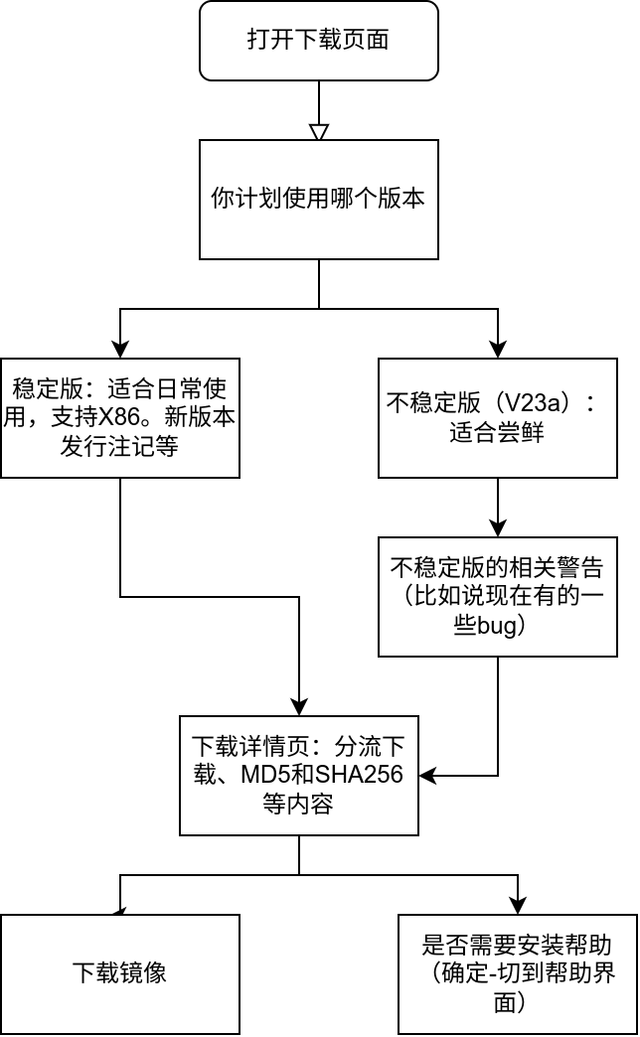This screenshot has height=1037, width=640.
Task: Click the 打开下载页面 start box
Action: click(x=318, y=41)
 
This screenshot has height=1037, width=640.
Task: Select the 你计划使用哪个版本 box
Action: click(x=318, y=199)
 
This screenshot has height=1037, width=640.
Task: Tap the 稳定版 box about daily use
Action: click(x=119, y=417)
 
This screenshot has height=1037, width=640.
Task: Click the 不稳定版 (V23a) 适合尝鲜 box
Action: click(x=497, y=417)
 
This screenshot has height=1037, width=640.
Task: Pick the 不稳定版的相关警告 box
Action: click(x=497, y=596)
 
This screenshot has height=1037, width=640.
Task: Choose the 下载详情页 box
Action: click(x=298, y=775)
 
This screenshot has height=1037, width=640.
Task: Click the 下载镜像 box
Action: click(x=119, y=973)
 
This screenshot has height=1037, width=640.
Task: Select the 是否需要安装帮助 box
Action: click(x=517, y=973)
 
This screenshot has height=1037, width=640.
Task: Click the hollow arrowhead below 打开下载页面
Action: click(x=318, y=130)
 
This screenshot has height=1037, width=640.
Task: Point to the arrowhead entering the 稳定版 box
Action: click(x=120, y=349)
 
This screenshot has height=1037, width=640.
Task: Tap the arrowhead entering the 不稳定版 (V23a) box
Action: click(x=498, y=349)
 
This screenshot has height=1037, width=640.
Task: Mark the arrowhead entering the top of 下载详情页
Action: click(x=299, y=706)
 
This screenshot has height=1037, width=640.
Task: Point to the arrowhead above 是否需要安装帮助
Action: click(x=518, y=905)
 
